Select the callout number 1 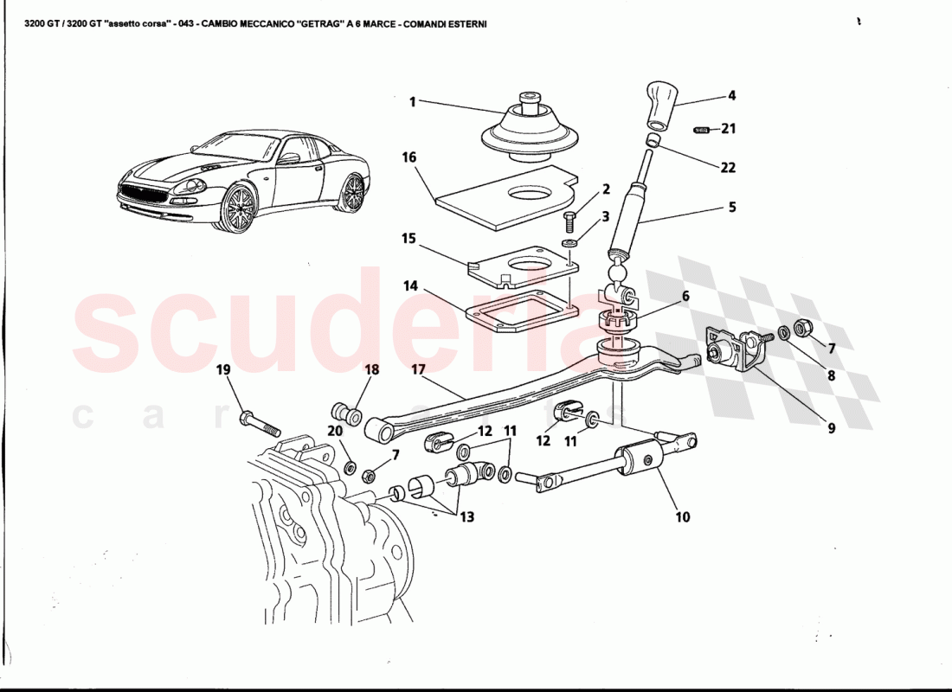tap(413, 102)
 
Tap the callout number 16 tap(409, 157)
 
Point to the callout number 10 tap(683, 517)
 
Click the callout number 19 tap(223, 370)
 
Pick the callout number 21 tap(729, 129)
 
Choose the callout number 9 tap(831, 426)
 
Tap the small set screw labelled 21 tap(702, 130)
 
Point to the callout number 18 tap(372, 370)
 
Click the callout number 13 tap(466, 517)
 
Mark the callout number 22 tap(729, 168)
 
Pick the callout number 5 tap(731, 207)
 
